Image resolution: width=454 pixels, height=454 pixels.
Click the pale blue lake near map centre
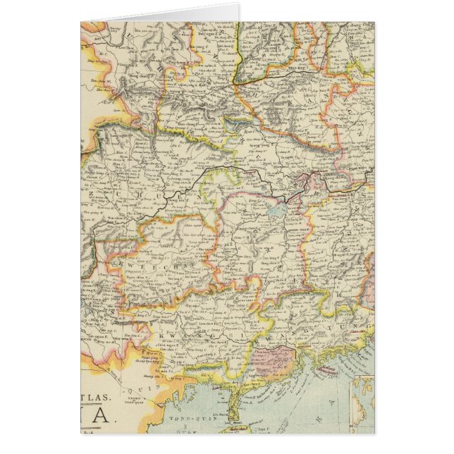pos(274,209)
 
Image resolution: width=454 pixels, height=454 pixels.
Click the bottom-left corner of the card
pos(81,432)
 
